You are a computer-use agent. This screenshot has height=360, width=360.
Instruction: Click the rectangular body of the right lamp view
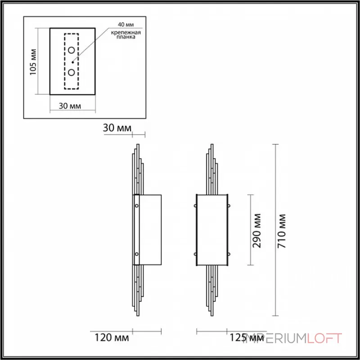click(x=212, y=229)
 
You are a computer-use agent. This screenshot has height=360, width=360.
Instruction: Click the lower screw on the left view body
click(x=137, y=254)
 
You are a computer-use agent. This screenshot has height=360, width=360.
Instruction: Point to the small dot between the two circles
click(x=72, y=62)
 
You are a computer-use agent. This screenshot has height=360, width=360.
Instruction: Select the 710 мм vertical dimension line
click(x=275, y=229)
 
